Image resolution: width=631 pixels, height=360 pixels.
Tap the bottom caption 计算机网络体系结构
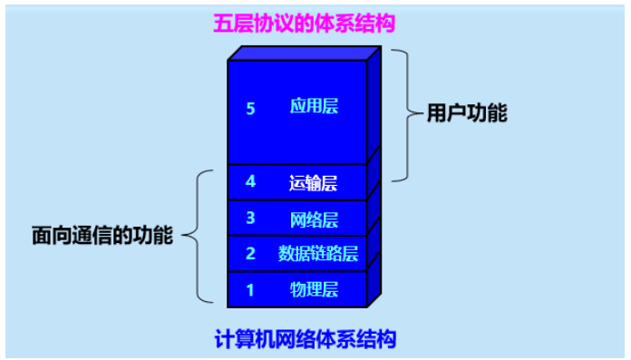click(x=306, y=340)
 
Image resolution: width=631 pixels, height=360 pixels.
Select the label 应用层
click(x=314, y=107)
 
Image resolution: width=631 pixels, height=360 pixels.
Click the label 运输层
click(x=313, y=182)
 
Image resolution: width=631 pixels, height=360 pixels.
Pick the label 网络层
click(x=314, y=219)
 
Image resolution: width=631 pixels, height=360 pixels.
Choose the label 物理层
click(x=314, y=290)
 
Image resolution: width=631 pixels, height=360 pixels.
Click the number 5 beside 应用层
click(x=251, y=108)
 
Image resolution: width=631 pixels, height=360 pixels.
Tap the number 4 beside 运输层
click(x=251, y=181)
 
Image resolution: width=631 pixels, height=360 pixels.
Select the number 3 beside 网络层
click(x=251, y=218)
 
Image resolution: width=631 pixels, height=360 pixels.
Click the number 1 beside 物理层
click(x=251, y=290)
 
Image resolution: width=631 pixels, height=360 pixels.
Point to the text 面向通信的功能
click(x=102, y=236)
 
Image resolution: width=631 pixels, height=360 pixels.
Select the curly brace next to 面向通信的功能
click(x=201, y=236)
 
